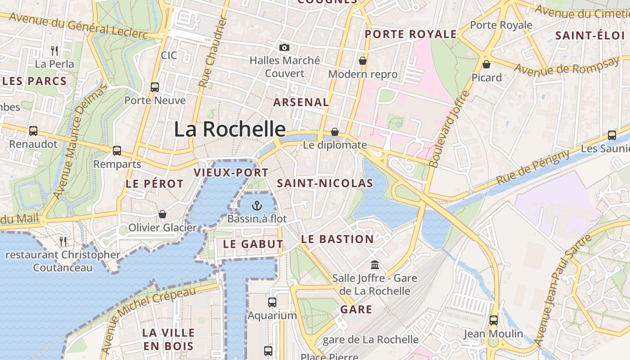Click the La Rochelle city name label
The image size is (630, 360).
(x=229, y=129)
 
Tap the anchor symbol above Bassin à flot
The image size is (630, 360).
(x=256, y=206)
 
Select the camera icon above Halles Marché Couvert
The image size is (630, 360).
(x=284, y=47)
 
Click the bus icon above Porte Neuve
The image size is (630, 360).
(x=155, y=87)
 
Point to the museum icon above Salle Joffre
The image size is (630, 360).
(x=375, y=265)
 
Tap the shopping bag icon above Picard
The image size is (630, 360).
(x=486, y=64)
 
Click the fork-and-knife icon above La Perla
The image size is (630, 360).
(x=54, y=50)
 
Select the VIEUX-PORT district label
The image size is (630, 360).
(x=231, y=172)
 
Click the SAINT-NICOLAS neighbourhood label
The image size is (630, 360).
(x=325, y=183)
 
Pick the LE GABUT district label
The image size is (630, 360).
(x=253, y=244)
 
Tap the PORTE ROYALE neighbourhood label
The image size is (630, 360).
(x=411, y=34)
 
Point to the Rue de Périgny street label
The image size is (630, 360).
(x=533, y=166)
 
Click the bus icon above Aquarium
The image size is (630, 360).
(x=272, y=302)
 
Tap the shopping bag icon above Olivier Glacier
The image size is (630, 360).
(x=162, y=214)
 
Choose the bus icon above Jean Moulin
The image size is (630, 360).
(x=494, y=320)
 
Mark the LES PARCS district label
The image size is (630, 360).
(x=35, y=81)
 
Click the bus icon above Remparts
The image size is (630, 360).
(x=117, y=151)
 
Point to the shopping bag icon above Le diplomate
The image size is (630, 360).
(x=335, y=132)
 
